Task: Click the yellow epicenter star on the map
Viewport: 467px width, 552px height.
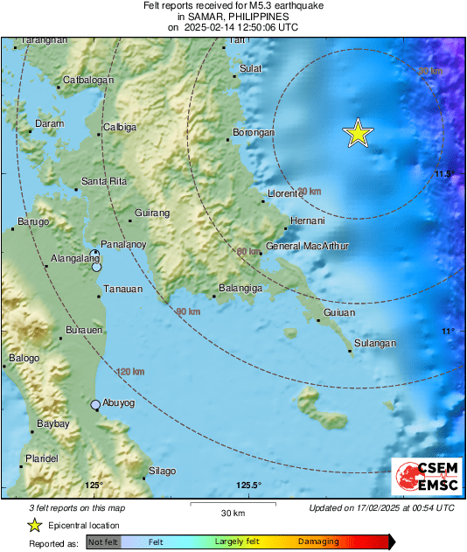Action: pos(358,133)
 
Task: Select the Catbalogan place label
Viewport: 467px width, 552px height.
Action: pos(87,81)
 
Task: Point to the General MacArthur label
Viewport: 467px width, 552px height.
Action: pos(306,247)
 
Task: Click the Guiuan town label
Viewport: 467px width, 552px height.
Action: pos(339,312)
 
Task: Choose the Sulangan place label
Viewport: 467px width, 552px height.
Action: pos(377,344)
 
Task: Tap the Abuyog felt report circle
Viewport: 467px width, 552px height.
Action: pos(95,404)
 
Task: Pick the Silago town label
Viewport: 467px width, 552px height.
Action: pos(161,472)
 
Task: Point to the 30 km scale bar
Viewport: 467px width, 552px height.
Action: pos(232,504)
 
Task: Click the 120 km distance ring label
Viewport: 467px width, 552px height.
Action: pos(129,373)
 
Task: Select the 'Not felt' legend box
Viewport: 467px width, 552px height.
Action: pos(101,542)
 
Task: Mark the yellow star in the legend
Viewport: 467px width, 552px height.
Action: pos(34,525)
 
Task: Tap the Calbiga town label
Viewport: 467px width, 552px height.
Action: pos(120,128)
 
